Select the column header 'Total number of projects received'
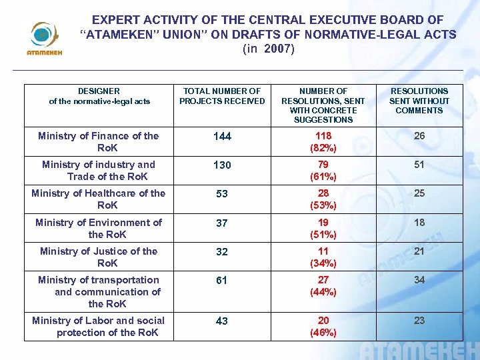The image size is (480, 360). click(x=222, y=96)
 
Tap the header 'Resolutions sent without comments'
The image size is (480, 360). click(x=419, y=101)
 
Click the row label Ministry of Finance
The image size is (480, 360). click(x=99, y=141)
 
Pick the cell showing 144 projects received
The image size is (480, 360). click(x=222, y=137)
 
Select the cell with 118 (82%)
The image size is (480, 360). click(x=323, y=141)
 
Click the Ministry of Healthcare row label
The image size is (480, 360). click(x=99, y=199)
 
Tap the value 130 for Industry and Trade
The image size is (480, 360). click(x=222, y=165)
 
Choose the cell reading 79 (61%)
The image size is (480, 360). click(x=323, y=170)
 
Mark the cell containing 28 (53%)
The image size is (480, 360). click(x=323, y=199)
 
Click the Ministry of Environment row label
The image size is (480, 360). click(x=99, y=228)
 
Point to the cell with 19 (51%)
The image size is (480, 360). click(x=323, y=228)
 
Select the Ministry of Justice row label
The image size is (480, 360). click(x=99, y=257)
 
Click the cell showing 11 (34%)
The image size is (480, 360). click(x=323, y=257)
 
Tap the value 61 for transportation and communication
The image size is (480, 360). click(x=222, y=281)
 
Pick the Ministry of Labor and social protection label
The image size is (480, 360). click(x=99, y=326)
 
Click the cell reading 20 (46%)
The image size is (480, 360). click(x=323, y=326)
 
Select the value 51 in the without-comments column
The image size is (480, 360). click(x=419, y=165)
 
